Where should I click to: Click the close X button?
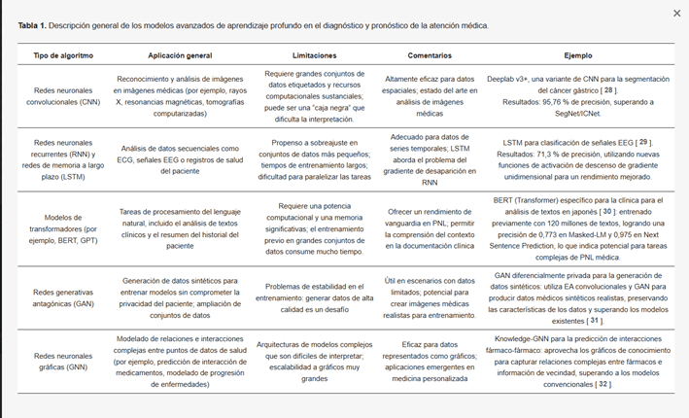click(x=676, y=13)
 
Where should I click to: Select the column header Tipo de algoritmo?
click(x=60, y=57)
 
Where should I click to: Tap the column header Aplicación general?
click(x=179, y=57)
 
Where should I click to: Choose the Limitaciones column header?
click(x=307, y=57)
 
